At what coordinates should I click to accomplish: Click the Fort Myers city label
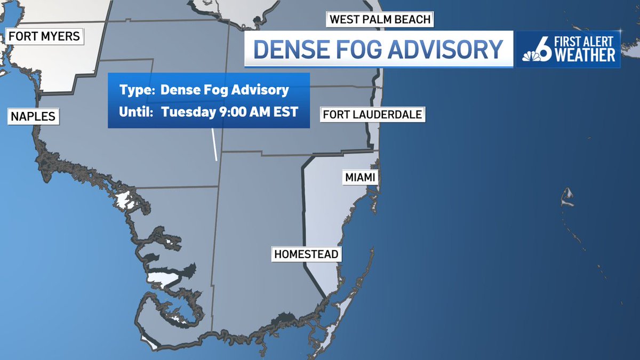coord(44,37)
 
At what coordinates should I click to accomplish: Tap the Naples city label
coord(33,116)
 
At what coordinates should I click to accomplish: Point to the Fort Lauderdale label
coord(372,114)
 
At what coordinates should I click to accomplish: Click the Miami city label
coord(360,177)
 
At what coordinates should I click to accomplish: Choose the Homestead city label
coord(306,254)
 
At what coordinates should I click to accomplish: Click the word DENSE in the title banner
coord(290,49)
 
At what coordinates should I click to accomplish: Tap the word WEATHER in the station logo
coord(585,55)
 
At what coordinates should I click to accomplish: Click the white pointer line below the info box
coord(214,144)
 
